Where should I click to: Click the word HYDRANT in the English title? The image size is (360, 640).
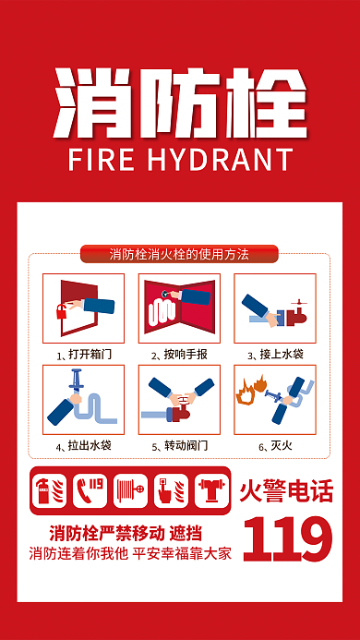point(221,159)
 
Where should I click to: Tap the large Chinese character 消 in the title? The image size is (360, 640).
point(93,103)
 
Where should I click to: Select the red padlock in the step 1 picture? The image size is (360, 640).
point(62,311)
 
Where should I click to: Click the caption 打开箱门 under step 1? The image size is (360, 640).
point(90,355)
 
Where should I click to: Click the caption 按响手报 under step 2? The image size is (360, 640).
point(186,355)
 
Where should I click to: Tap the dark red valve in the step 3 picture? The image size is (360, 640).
point(296,314)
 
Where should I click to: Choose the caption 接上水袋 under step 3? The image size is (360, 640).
point(282,355)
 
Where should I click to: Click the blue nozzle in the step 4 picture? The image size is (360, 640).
point(76,380)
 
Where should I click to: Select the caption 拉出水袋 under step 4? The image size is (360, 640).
point(90,445)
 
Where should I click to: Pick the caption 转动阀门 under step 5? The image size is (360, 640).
point(186,445)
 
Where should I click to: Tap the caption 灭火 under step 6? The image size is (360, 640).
point(282,445)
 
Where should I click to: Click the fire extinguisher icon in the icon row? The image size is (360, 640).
point(49,490)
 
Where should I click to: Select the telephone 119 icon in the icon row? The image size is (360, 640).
point(90,490)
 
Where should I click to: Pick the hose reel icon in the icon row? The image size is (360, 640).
point(130,490)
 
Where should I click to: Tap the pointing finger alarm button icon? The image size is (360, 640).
point(171,490)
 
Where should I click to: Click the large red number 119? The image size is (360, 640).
point(288,539)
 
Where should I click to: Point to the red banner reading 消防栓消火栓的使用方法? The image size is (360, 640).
point(179,254)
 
